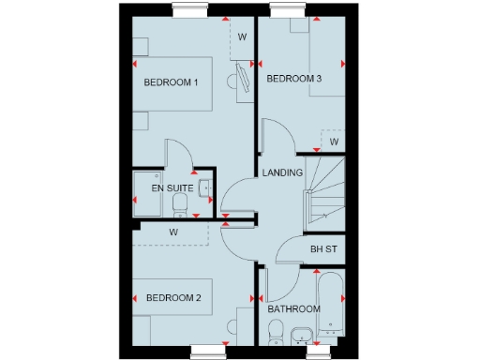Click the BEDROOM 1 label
click(171, 82)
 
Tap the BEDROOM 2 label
click(173, 298)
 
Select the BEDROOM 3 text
click(293, 79)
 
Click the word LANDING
click(282, 172)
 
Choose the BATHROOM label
click(293, 309)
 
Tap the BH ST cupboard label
click(323, 250)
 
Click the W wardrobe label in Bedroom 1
click(241, 37)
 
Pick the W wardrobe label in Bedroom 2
click(173, 232)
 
